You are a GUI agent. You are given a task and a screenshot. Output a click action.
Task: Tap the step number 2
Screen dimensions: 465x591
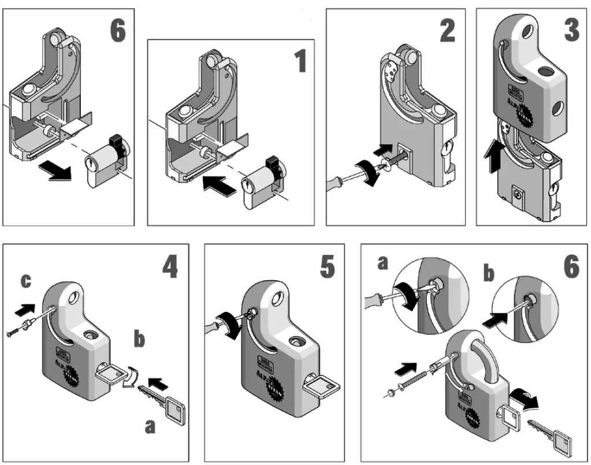click(x=447, y=32)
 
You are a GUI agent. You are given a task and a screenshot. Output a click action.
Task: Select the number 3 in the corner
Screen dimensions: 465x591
click(x=571, y=31)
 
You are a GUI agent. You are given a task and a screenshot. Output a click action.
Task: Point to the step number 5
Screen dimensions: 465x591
click(x=327, y=267)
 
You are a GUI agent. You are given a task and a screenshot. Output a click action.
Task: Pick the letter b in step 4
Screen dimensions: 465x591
click(x=140, y=340)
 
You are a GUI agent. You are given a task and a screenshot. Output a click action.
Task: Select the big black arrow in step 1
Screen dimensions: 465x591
click(x=221, y=185)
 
